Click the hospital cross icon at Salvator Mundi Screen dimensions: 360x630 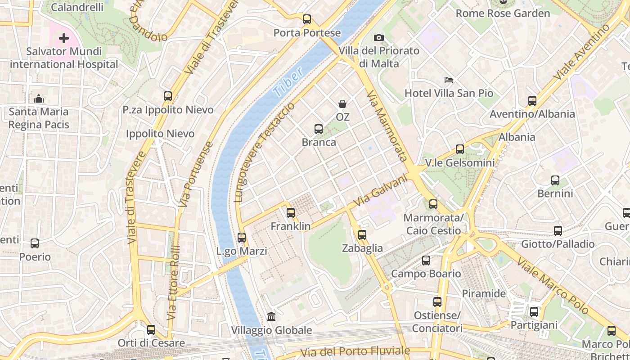click(x=64, y=38)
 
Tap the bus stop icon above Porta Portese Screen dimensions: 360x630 click(x=307, y=19)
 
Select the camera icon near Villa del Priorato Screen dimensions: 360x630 click(x=379, y=37)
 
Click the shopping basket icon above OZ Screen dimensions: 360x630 click(x=342, y=104)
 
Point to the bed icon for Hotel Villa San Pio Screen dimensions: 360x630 click(x=449, y=80)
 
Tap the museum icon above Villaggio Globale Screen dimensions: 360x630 click(x=271, y=317)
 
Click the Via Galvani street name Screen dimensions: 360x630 click(x=380, y=192)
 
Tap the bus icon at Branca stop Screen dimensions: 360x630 click(x=319, y=129)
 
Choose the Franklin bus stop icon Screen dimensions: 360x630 click(x=291, y=213)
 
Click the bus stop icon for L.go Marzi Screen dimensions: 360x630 click(x=242, y=237)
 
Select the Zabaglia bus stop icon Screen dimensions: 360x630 click(x=362, y=234)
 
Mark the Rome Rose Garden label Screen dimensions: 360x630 click(x=503, y=13)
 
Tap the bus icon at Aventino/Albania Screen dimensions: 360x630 click(x=532, y=101)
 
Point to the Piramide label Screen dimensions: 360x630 click(x=484, y=294)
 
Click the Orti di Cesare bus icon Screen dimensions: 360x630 click(x=151, y=330)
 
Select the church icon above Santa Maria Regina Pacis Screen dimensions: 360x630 click(x=39, y=98)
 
